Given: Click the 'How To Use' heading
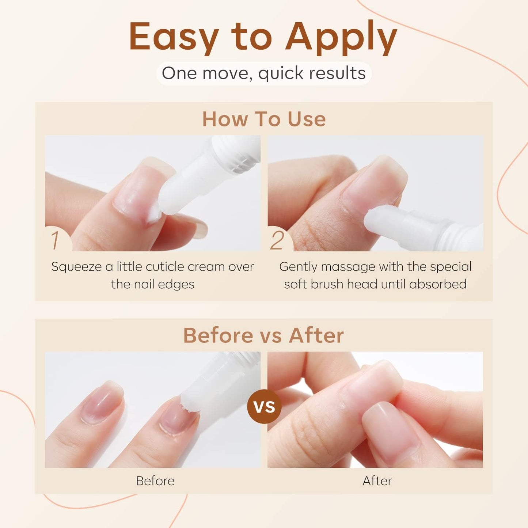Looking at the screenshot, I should tap(264, 119).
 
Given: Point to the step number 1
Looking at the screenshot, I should tap(55, 240).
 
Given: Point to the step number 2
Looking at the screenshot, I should tap(277, 240).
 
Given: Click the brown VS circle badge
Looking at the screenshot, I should tap(264, 406).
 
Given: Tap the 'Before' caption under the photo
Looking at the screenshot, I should tap(155, 481).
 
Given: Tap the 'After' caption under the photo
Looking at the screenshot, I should tap(377, 481).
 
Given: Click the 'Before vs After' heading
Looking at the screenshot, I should tap(263, 335).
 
